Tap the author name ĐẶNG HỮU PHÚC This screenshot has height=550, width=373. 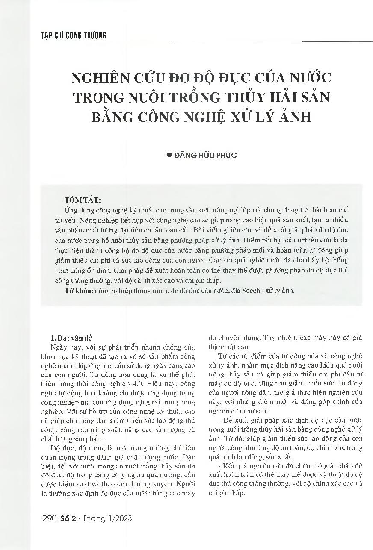click(x=205, y=156)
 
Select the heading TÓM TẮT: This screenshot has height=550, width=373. click(x=83, y=200)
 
